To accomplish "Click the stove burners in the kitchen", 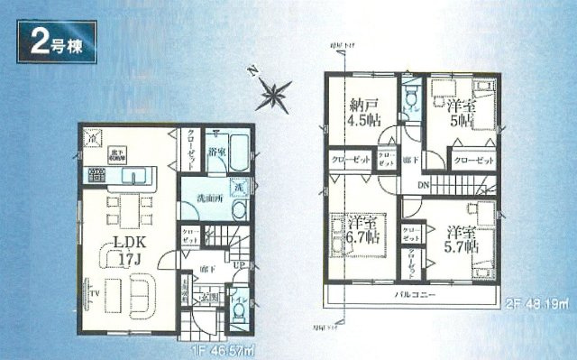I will (x=95, y=174).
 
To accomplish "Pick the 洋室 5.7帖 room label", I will (x=460, y=236).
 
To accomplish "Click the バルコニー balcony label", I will (x=414, y=295).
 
